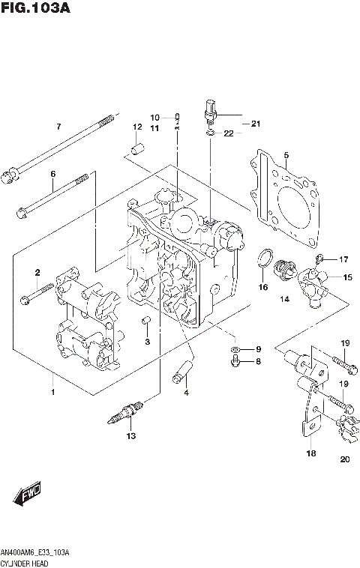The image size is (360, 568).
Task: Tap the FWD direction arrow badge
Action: [x=27, y=495]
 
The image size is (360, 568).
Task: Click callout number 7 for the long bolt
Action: [x=58, y=127]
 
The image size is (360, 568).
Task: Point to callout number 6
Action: [x=52, y=174]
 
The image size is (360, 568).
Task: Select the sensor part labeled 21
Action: [x=211, y=112]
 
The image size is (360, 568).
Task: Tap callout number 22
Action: [x=229, y=133]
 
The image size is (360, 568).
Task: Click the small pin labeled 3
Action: [x=147, y=322]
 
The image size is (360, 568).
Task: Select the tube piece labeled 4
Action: [x=183, y=370]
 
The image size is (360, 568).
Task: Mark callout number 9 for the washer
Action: [x=257, y=349]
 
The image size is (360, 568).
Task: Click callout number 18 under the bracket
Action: [x=310, y=453]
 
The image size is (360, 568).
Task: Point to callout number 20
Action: [x=344, y=459]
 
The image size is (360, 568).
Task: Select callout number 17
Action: [x=343, y=259]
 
